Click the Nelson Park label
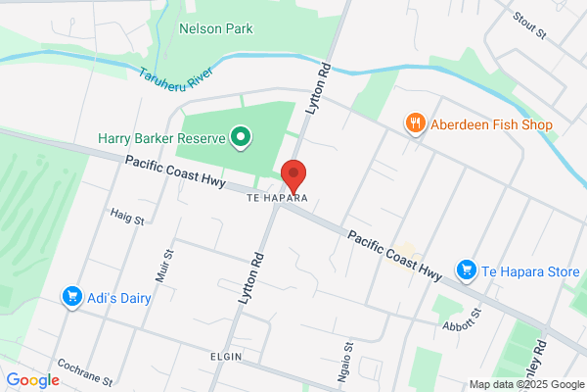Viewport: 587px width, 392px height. (215, 28)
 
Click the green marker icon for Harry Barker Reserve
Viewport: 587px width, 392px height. (240, 136)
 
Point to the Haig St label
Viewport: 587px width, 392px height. (127, 216)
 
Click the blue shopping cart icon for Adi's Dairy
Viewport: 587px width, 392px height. (70, 296)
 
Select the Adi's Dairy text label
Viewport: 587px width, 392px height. (118, 297)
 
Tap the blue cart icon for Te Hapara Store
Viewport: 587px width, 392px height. (467, 269)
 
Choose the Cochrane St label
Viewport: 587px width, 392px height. (85, 375)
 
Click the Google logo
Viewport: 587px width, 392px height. (33, 380)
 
